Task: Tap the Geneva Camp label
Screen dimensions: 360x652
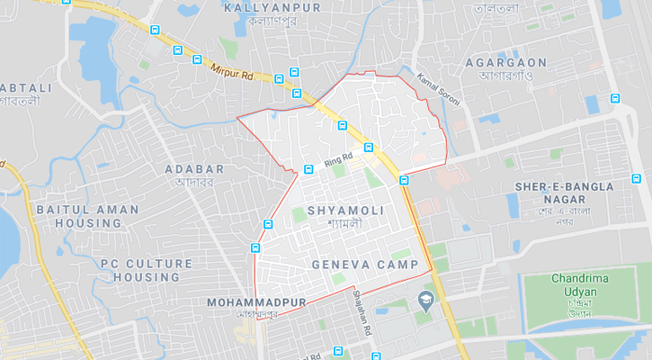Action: click(365, 265)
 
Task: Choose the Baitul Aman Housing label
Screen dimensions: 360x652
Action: click(87, 216)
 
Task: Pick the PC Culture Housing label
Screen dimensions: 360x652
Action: click(146, 270)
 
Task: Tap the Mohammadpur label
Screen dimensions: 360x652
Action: click(256, 303)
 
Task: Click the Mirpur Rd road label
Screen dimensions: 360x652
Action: click(233, 69)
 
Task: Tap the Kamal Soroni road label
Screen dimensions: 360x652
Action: click(439, 90)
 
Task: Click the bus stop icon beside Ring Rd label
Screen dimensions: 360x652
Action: click(308, 168)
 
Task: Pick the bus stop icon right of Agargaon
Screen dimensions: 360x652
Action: click(614, 98)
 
